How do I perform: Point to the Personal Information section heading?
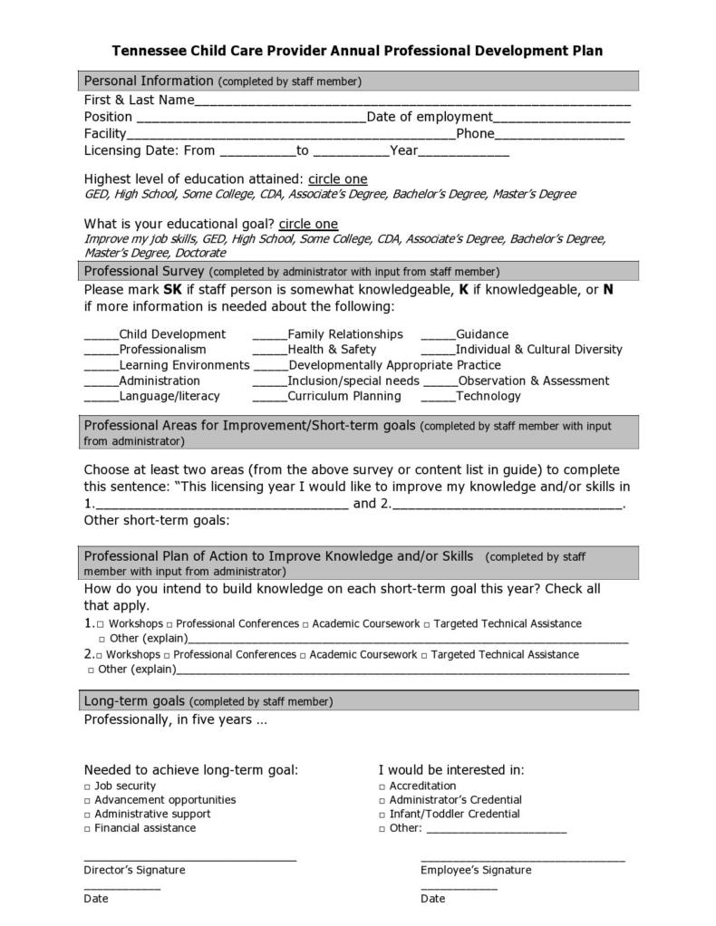(149, 81)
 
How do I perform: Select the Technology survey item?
(488, 396)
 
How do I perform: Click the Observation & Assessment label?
(533, 381)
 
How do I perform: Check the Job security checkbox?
(88, 786)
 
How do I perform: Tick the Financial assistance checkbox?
(88, 828)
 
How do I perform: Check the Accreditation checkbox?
(382, 786)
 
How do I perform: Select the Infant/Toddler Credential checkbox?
(382, 815)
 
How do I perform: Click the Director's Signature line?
(189, 859)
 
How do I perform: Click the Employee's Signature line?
(522, 859)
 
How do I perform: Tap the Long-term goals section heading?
(134, 700)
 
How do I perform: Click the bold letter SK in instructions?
(172, 290)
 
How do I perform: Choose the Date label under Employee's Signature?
(432, 899)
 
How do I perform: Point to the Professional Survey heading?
(144, 271)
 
